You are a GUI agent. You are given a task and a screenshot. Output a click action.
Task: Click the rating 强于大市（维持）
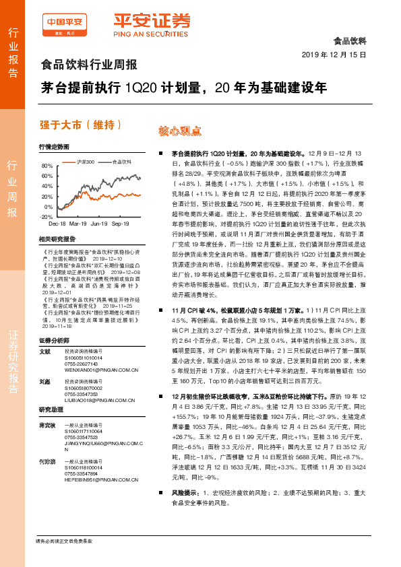tap(81, 125)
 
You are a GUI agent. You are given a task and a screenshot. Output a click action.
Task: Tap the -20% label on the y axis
tap(47, 217)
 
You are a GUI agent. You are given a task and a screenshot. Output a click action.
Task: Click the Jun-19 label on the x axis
tap(100, 222)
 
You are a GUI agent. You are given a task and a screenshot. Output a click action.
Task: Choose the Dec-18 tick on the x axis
tap(58, 222)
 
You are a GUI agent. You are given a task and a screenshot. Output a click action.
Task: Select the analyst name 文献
tap(44, 351)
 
